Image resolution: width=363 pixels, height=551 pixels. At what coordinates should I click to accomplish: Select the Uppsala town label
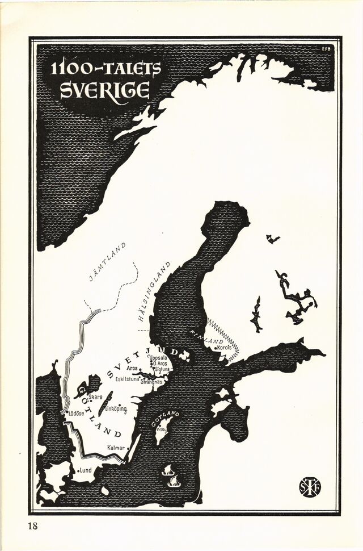coord(158,358)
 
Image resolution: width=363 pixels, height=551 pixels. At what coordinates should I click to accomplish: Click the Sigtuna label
coord(164,369)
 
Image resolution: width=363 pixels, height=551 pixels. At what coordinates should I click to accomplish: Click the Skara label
coord(95,396)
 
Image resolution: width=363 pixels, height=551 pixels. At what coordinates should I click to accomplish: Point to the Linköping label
coord(116,409)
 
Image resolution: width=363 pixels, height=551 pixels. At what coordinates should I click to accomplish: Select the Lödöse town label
coord(76,413)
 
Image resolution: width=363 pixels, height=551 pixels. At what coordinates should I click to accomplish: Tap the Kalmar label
coord(116,448)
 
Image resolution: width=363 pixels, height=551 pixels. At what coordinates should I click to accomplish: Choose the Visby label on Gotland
coord(162,429)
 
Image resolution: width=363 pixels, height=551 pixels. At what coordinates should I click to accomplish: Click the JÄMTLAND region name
coord(108,262)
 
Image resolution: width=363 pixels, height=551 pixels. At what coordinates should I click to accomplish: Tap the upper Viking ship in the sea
coord(168,470)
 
